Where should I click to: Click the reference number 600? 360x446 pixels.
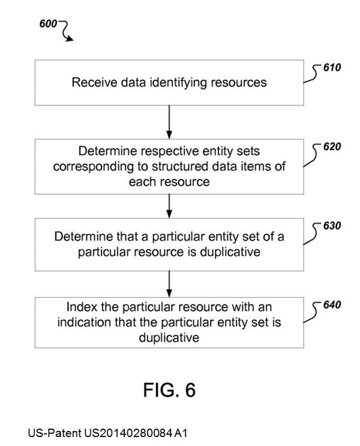point(48,24)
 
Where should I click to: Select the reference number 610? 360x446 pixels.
point(331,68)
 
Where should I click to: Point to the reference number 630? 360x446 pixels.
point(331,226)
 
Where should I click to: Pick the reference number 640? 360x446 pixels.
point(331,305)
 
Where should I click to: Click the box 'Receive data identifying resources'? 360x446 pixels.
point(169,83)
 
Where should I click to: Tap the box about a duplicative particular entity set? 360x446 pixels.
point(169,244)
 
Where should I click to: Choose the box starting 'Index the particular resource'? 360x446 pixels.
point(169,322)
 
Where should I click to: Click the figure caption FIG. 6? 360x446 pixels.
point(169,390)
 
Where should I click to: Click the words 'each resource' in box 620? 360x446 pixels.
point(169,181)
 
